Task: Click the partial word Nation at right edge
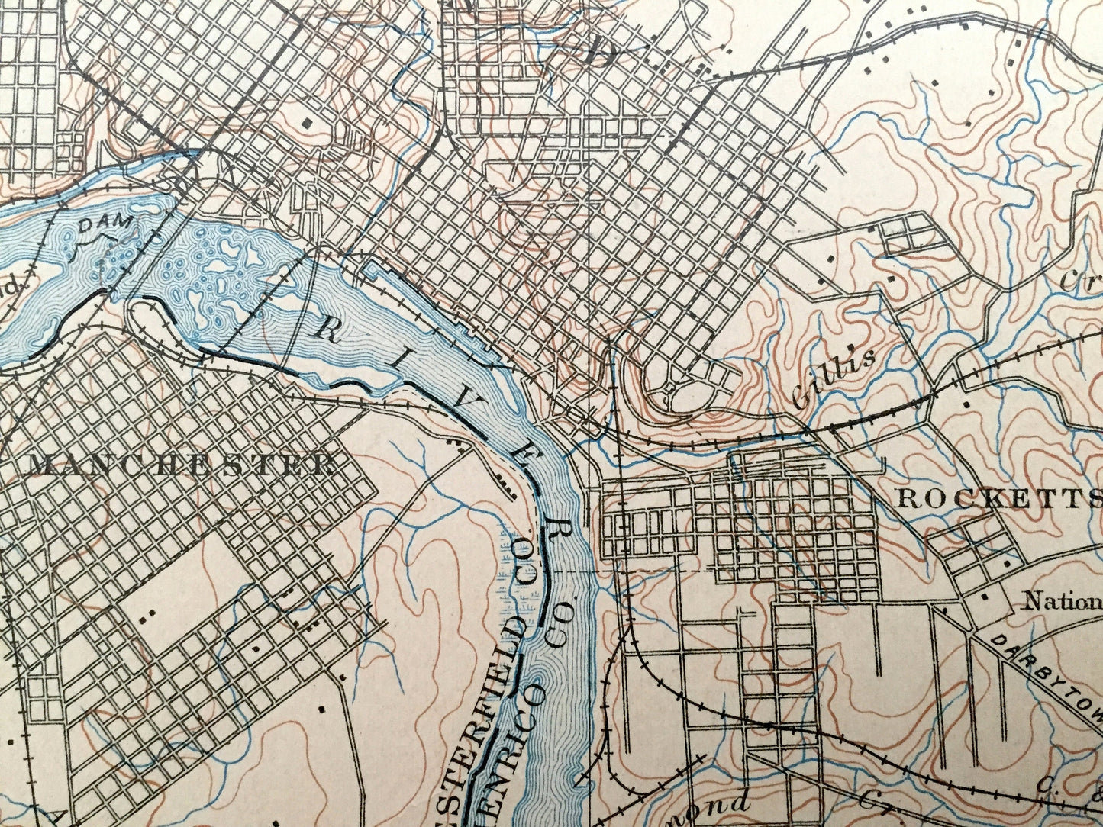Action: [x=1062, y=601]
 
